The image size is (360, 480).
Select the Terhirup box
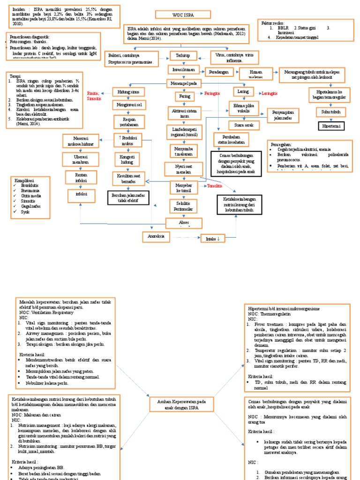pyautogui.click(x=182, y=55)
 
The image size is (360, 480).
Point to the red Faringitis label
pyautogui.click(x=212, y=93)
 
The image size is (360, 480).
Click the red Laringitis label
pyautogui.click(x=269, y=93)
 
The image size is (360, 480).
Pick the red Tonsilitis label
pyautogui.click(x=211, y=186)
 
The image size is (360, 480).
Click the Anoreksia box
pyautogui.click(x=156, y=236)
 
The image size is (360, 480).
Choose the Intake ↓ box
pyautogui.click(x=213, y=239)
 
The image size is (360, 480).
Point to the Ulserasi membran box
pyautogui.click(x=82, y=158)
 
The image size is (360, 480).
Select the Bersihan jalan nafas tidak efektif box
pyautogui.click(x=127, y=197)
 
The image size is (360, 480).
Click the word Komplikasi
pyautogui.click(x=24, y=180)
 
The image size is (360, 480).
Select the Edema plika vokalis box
pyautogui.click(x=243, y=109)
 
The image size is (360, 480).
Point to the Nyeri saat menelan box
pyautogui.click(x=182, y=169)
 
